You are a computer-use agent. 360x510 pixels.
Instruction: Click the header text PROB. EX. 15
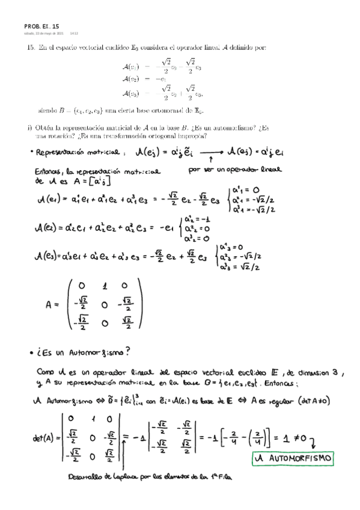point(41,26)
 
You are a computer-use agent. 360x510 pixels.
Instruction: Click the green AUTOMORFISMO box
point(291,458)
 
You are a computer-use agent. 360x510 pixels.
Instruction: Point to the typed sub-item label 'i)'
point(30,127)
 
